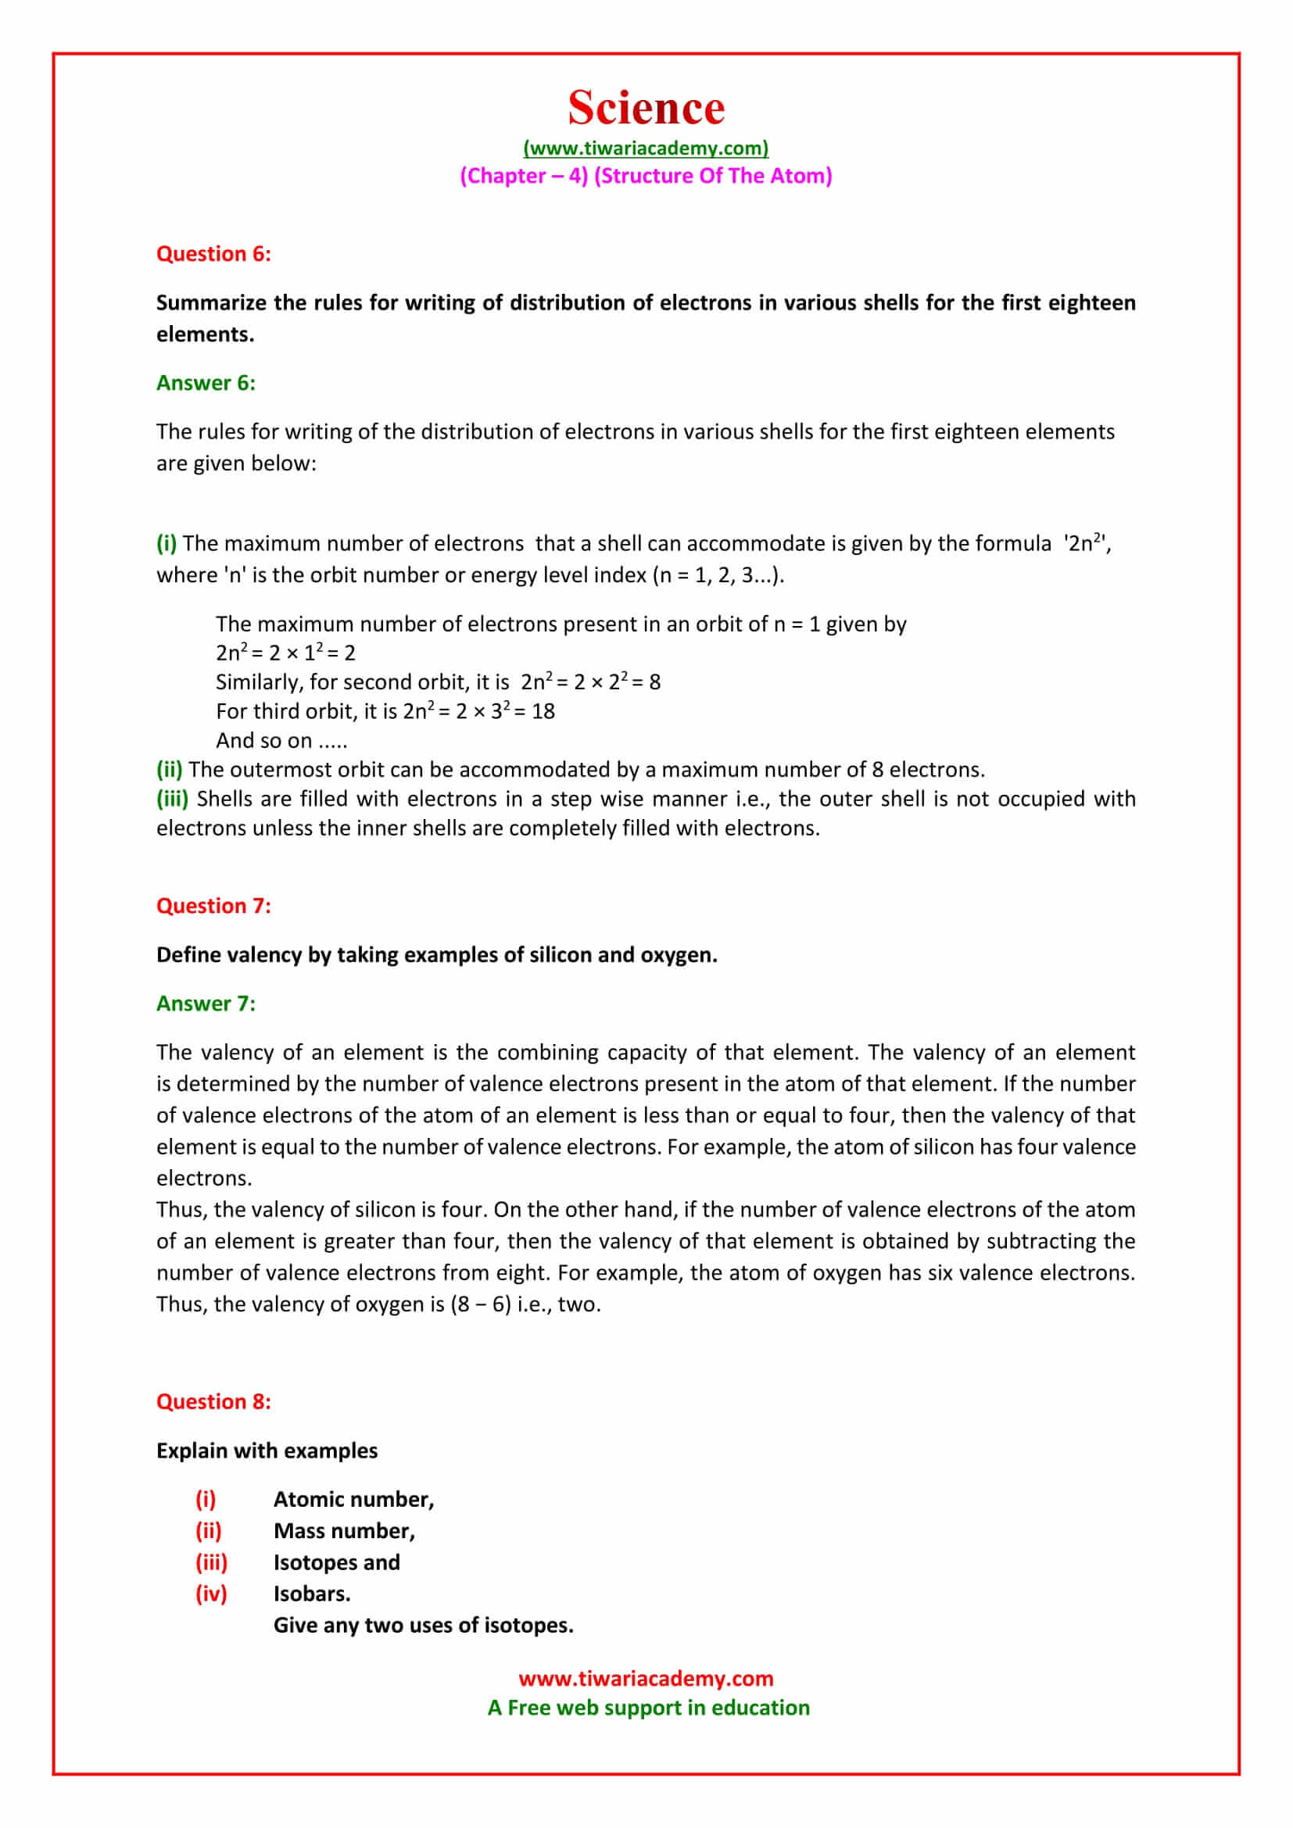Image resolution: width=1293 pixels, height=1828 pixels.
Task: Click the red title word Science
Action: coord(646,108)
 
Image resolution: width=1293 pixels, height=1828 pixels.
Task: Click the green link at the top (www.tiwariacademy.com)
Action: coord(646,148)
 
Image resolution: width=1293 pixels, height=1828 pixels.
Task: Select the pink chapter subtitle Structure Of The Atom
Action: coord(713,176)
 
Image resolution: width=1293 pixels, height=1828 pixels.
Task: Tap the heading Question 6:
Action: coord(213,254)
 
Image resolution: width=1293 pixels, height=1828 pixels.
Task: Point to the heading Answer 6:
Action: coord(206,383)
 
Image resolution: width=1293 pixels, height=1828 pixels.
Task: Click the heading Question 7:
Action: coord(213,906)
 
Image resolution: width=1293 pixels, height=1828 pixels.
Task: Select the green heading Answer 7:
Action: coord(206,1003)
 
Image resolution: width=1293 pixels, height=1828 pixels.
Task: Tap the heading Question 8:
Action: coord(213,1401)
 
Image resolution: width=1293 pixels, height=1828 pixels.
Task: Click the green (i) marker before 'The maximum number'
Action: coord(167,543)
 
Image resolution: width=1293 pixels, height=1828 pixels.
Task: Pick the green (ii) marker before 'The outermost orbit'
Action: coord(169,769)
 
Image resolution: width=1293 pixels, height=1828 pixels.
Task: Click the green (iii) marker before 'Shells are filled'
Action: coord(172,799)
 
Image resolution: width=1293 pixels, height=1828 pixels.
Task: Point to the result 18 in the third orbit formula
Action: coord(543,711)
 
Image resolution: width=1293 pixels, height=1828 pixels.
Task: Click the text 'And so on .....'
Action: coord(281,740)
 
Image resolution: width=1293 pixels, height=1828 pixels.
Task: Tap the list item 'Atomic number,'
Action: coord(353,1499)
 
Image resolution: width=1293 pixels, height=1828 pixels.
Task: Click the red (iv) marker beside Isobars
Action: coord(211,1593)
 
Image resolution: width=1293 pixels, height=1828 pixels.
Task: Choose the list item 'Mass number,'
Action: coord(344,1530)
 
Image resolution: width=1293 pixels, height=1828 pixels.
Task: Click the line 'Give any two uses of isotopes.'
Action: coord(423,1625)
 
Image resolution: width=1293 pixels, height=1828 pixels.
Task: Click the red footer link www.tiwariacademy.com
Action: coord(646,1678)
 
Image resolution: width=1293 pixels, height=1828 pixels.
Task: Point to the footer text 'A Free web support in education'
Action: coord(648,1708)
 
